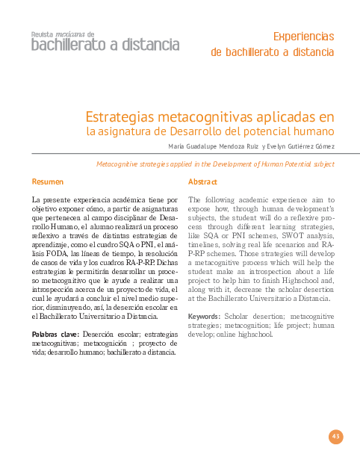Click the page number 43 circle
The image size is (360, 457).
(x=335, y=436)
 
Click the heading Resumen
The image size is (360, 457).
(x=47, y=182)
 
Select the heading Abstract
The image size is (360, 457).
(x=202, y=182)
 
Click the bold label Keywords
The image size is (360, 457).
(x=204, y=316)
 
